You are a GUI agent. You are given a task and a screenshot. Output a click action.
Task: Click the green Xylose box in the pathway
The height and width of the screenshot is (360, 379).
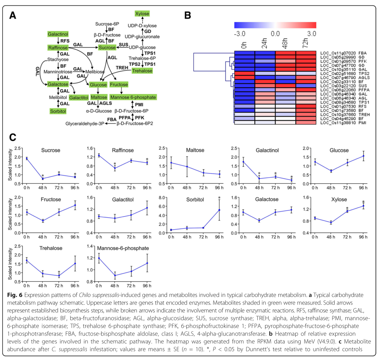142,14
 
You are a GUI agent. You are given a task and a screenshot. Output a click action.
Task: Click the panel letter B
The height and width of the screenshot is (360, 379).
188,16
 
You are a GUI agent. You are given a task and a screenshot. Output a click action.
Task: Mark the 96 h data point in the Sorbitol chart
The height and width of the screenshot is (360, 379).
219,210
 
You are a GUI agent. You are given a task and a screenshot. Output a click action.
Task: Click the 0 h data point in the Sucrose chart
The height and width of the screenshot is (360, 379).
27,158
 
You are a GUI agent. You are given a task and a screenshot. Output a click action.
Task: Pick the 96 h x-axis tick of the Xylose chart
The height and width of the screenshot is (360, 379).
363,237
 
